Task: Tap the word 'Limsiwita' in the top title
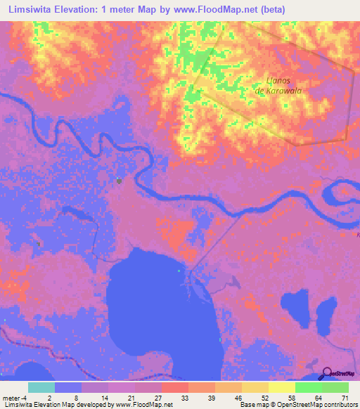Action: point(31,9)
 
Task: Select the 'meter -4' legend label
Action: point(14,398)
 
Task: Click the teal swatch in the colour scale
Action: point(41,387)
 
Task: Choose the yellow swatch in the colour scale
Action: point(281,387)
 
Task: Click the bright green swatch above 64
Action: point(308,387)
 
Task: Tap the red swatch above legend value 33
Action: point(174,387)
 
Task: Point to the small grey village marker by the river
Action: point(119,181)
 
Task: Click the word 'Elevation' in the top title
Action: point(86,9)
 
